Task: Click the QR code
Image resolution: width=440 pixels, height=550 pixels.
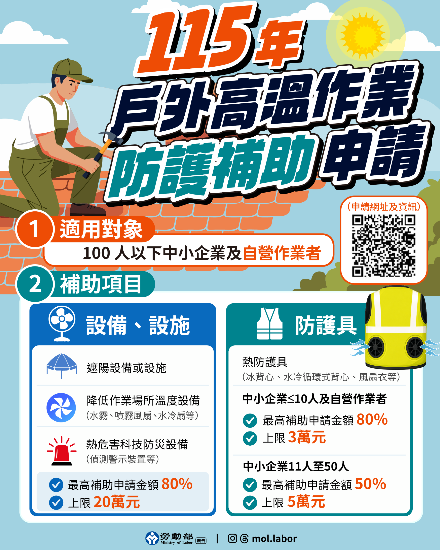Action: click(384, 246)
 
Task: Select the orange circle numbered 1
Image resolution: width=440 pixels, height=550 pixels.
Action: click(35, 229)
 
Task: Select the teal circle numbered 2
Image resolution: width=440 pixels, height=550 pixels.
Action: click(35, 284)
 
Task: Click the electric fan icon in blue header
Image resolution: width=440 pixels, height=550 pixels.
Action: click(62, 323)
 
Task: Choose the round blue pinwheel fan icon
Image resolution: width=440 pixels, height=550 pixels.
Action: click(61, 408)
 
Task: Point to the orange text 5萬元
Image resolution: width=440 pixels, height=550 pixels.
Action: click(306, 502)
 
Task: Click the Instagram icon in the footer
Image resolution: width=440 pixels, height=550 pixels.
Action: click(232, 538)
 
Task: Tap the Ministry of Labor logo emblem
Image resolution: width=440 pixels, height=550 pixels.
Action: click(152, 538)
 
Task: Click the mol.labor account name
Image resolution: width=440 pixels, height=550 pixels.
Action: click(274, 538)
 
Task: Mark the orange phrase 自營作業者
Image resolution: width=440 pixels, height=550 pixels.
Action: click(282, 253)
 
